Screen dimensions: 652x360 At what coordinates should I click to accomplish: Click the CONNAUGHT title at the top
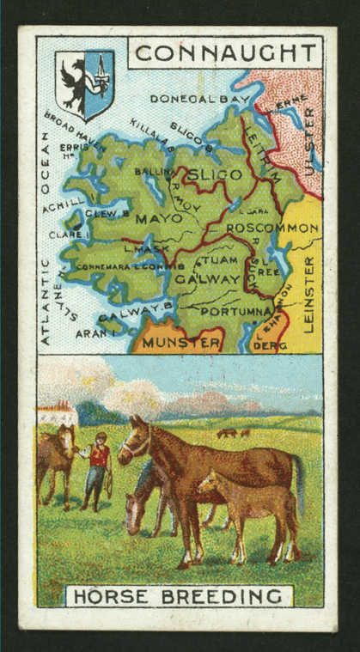click(226, 52)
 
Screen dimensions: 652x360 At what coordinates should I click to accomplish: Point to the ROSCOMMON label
click(277, 229)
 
